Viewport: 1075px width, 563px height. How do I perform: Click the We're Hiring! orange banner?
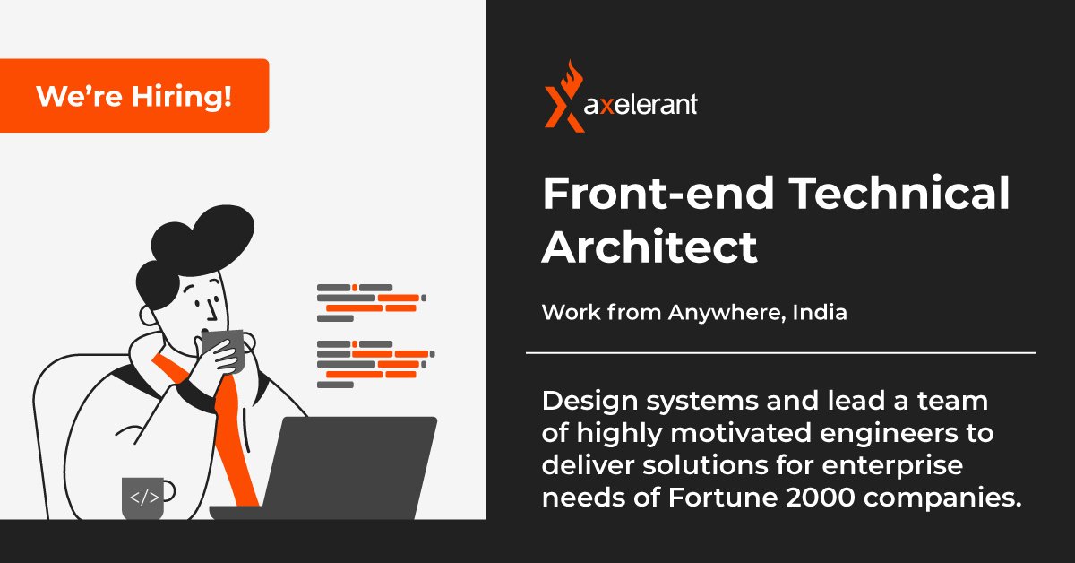134,96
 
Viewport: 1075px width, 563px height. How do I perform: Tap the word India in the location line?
820,314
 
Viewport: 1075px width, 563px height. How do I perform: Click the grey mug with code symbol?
144,498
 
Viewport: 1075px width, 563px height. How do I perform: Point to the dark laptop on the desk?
354,466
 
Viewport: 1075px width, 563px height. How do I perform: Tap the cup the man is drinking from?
223,350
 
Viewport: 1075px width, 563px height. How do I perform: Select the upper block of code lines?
370,300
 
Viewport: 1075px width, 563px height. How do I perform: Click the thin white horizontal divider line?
779,353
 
